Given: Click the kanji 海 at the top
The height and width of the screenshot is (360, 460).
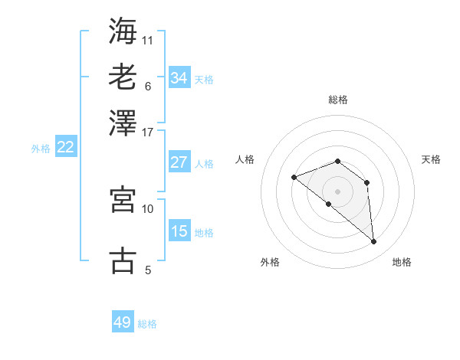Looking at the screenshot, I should [123, 31].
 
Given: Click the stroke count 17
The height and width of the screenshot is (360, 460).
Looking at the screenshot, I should [148, 132].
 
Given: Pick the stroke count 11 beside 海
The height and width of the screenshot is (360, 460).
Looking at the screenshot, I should [148, 40].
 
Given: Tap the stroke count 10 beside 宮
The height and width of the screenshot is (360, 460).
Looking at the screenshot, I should [148, 208].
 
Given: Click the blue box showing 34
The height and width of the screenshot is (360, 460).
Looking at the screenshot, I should [179, 78].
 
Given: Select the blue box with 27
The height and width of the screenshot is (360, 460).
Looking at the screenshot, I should [179, 162].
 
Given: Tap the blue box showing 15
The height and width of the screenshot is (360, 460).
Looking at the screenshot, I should [179, 231].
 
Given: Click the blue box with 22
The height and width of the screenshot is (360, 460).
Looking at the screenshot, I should [65, 147].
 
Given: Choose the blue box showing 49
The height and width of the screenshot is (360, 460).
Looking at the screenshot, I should [123, 322].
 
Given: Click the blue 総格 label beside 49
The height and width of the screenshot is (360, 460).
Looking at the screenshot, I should [147, 324].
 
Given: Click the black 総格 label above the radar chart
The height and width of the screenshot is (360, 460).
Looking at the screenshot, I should [338, 100].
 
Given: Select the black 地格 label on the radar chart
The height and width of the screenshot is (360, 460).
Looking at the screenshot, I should [402, 262].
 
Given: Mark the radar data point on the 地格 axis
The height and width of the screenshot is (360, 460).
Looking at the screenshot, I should [374, 242].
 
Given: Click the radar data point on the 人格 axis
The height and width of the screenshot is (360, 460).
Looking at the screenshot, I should [294, 178].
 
